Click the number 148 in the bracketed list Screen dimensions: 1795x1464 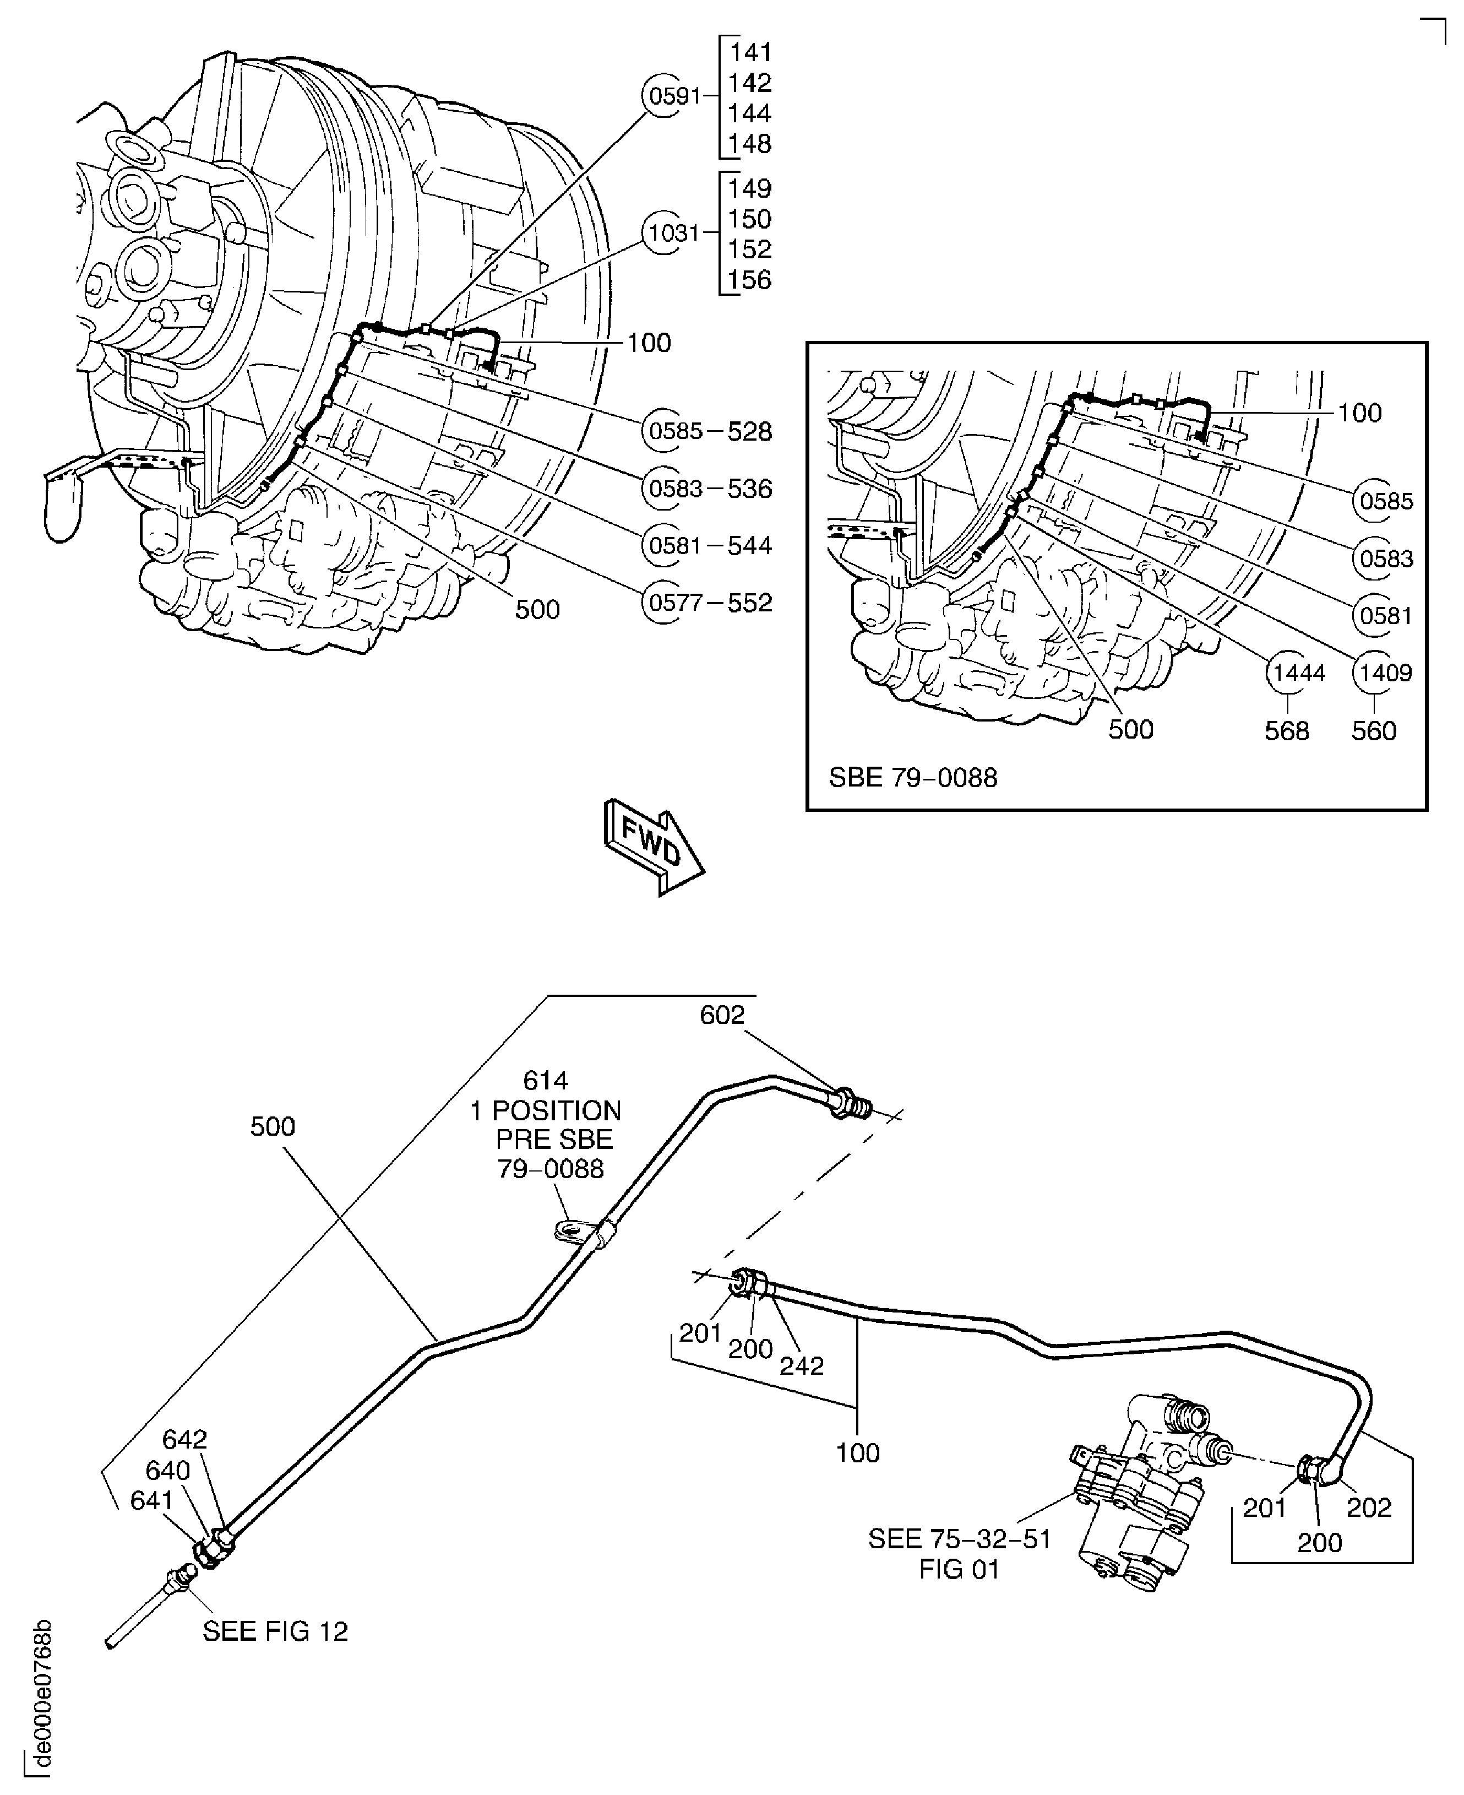(750, 144)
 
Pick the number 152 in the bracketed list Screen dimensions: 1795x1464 (750, 249)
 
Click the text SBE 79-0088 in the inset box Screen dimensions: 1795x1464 (912, 777)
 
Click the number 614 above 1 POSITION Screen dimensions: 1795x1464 (546, 1080)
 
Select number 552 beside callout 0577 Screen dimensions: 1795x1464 (750, 602)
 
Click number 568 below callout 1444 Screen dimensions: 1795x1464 (1287, 730)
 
